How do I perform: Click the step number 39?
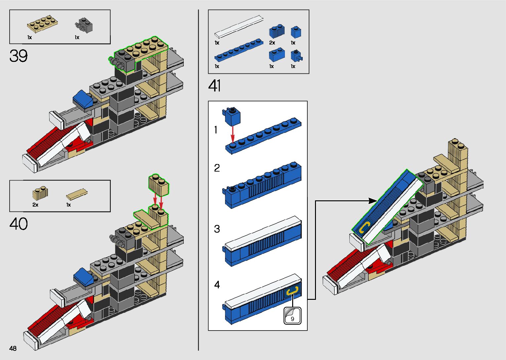click(x=19, y=56)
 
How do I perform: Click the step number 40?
click(x=19, y=224)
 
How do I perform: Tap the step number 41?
click(x=214, y=86)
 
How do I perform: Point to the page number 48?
click(x=13, y=348)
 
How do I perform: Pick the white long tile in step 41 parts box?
click(x=239, y=26)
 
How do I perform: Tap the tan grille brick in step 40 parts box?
click(x=40, y=194)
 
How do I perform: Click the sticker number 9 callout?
click(x=292, y=316)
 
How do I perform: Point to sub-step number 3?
click(x=217, y=229)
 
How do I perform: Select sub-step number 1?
click(x=216, y=130)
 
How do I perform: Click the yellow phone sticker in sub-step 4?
click(x=292, y=291)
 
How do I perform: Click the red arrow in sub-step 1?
click(x=233, y=134)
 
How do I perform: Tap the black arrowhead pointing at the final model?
click(x=372, y=200)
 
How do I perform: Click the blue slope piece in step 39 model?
click(x=84, y=99)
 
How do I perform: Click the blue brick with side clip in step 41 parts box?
click(x=296, y=56)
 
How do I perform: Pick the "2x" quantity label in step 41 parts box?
click(x=272, y=43)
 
